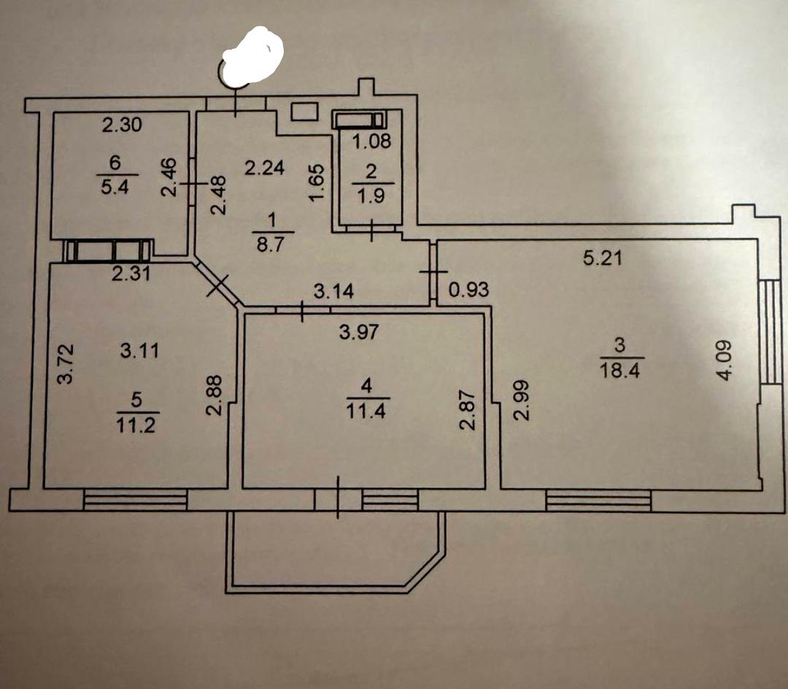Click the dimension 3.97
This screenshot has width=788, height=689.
click(x=360, y=333)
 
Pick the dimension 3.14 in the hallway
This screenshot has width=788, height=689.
click(x=333, y=292)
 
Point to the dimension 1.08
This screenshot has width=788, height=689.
click(x=372, y=142)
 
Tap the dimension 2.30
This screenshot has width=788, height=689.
click(x=121, y=126)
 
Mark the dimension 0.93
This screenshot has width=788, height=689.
click(x=468, y=290)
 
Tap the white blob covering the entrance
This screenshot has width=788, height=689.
click(x=252, y=56)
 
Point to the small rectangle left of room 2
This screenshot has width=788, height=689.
click(x=305, y=111)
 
